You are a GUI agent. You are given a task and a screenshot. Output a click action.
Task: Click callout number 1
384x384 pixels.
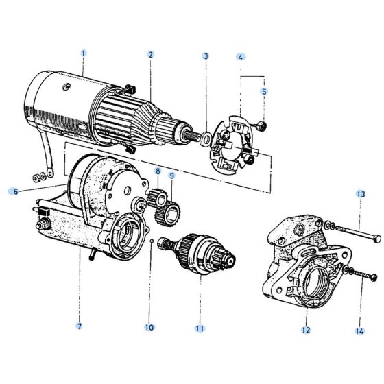[x=84, y=53]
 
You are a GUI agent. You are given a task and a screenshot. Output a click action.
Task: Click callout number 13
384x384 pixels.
[x=361, y=194]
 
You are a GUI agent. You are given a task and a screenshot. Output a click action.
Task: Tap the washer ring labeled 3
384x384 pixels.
[x=206, y=141]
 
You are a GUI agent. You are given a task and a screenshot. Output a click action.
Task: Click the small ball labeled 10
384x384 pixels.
[x=151, y=241]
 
